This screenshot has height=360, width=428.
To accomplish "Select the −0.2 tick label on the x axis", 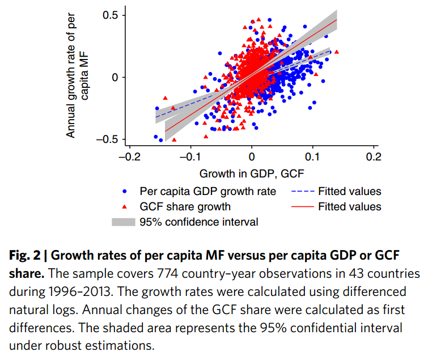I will [x=129, y=156].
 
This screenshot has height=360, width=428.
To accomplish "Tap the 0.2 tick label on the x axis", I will [x=373, y=156].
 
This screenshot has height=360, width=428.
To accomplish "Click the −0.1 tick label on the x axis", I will [x=190, y=156].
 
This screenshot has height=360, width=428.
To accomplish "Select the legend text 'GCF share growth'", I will [x=185, y=207].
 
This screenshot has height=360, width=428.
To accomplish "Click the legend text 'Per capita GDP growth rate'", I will [x=207, y=192].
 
